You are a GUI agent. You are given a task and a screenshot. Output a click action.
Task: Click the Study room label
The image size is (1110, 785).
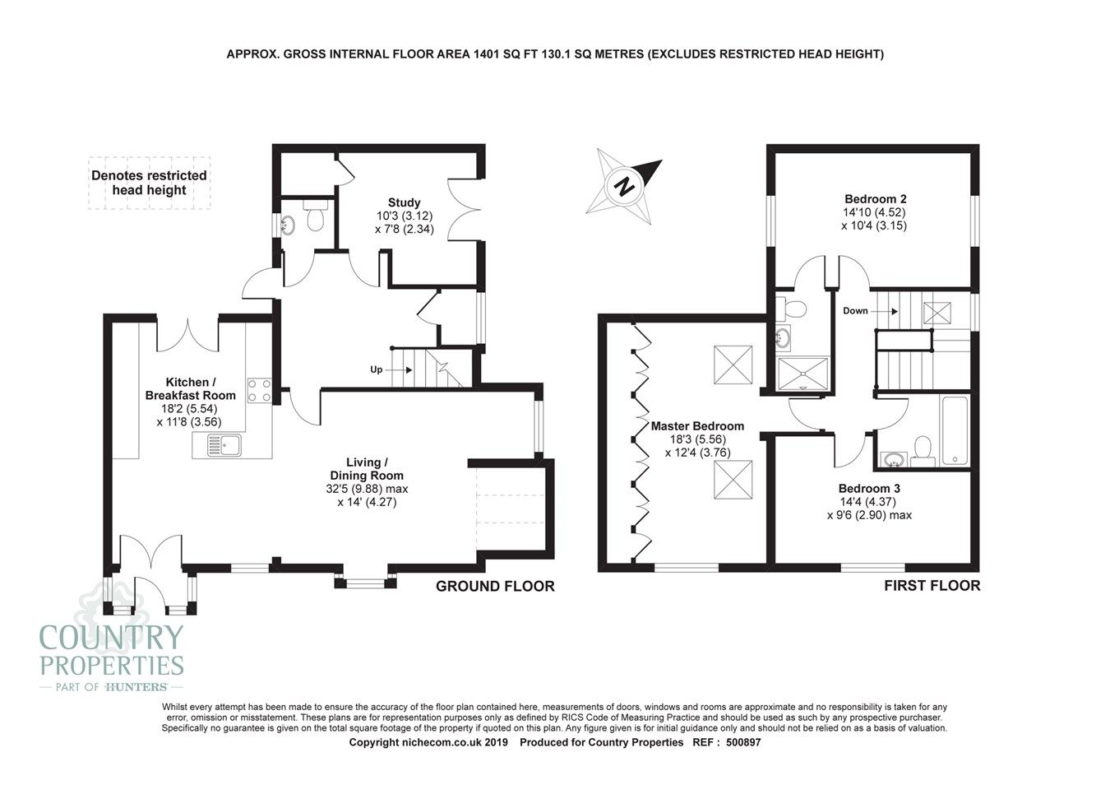404,202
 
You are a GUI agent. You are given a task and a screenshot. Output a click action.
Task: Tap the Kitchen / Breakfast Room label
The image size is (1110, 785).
190,388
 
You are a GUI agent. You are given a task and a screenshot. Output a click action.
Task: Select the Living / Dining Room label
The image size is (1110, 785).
367,468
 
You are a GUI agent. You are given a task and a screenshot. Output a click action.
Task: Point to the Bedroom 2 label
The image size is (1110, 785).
875,198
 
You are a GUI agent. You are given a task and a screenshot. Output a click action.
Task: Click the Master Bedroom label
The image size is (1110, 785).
697,426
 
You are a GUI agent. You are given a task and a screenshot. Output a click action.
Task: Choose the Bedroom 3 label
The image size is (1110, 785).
869,488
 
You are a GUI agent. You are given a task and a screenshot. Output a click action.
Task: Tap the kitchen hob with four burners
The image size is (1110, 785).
260,389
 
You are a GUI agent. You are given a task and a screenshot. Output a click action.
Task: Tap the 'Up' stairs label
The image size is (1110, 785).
376,369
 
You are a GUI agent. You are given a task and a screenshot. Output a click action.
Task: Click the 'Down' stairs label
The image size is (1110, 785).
855,311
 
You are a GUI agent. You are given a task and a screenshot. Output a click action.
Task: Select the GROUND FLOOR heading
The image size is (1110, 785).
495,586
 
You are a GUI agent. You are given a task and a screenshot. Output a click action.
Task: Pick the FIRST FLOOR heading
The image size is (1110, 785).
932,586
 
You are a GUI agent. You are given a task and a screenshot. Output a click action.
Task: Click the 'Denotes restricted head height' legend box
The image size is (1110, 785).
149,183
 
